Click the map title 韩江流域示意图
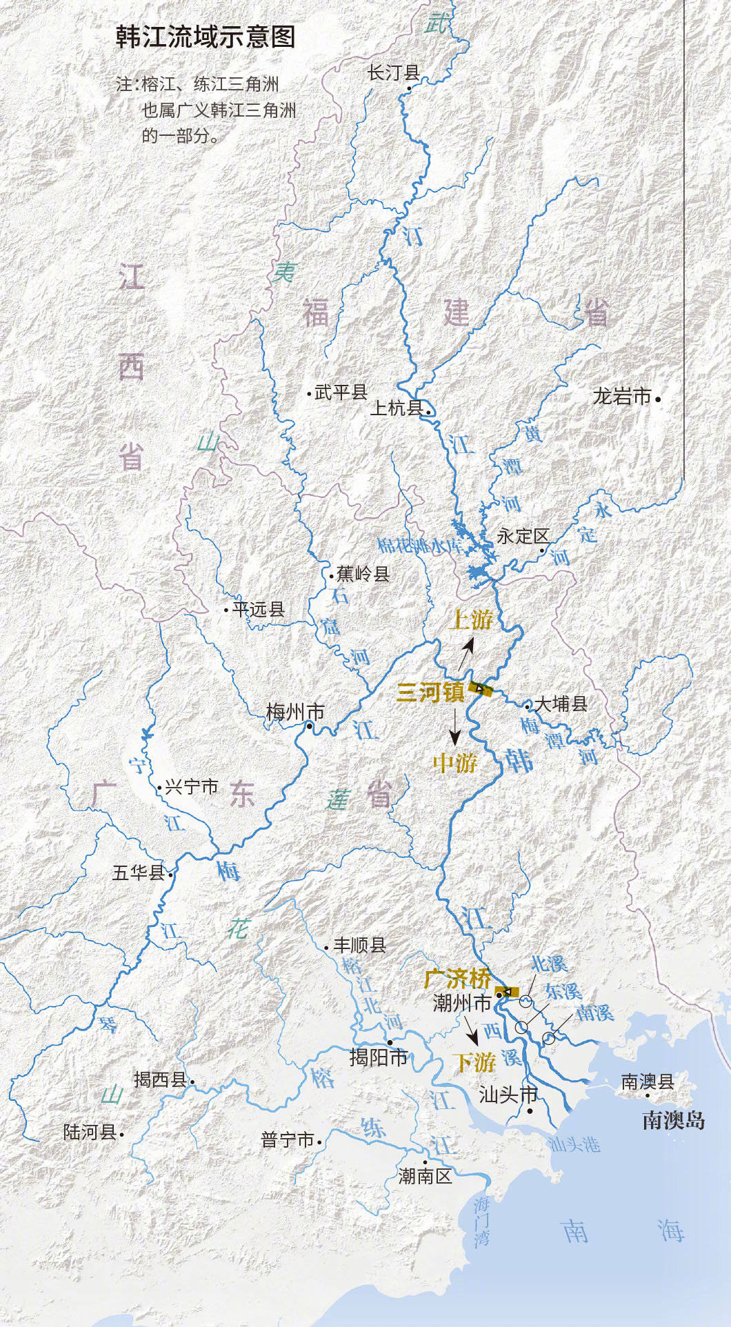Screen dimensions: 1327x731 pyautogui.click(x=206, y=37)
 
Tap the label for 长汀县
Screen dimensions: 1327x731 pyautogui.click(x=393, y=73)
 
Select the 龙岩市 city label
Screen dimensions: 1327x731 pyautogui.click(x=622, y=397)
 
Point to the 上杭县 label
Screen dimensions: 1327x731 pyautogui.click(x=397, y=408)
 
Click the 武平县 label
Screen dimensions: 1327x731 pyautogui.click(x=341, y=393)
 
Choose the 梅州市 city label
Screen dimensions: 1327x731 pyautogui.click(x=295, y=711)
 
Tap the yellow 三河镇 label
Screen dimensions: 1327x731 pyautogui.click(x=430, y=692)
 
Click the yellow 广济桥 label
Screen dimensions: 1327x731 pyautogui.click(x=458, y=978)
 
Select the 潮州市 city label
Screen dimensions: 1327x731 pyautogui.click(x=461, y=1003)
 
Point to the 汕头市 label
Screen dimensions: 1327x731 pyautogui.click(x=508, y=1095)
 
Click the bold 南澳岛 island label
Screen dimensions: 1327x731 pyautogui.click(x=673, y=1120)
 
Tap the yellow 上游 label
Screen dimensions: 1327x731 pyautogui.click(x=472, y=619)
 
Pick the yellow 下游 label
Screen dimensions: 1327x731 pyautogui.click(x=476, y=1062)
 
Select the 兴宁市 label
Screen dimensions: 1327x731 pyautogui.click(x=191, y=787)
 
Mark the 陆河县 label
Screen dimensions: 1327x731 pyautogui.click(x=90, y=1132)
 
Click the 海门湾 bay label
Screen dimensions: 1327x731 pyautogui.click(x=481, y=1221)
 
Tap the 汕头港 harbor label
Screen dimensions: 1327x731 pyautogui.click(x=574, y=1145)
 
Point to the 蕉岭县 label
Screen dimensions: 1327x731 pyautogui.click(x=363, y=574)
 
